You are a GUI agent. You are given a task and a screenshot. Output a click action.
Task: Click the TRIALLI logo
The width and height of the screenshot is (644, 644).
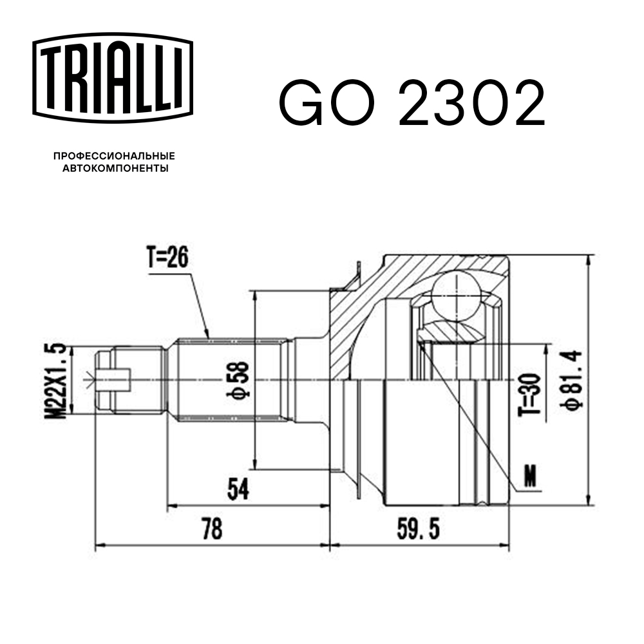tap(112, 77)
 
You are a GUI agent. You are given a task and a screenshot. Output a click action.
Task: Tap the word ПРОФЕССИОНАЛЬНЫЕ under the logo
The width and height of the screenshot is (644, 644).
tap(114, 156)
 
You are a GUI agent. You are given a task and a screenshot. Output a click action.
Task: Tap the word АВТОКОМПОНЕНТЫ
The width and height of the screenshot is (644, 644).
tap(115, 169)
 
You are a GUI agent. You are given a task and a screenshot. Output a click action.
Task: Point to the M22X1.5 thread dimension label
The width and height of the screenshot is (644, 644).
tap(56, 381)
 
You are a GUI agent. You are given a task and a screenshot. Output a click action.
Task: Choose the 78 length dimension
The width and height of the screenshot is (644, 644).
tap(211, 529)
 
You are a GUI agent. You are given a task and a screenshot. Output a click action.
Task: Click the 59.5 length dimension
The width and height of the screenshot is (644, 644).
tap(419, 529)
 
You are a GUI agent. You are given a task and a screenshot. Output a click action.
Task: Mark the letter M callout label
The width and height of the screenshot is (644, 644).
tap(529, 477)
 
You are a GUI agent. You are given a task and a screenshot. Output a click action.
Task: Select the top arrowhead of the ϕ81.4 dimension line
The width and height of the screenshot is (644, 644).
tap(589, 258)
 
